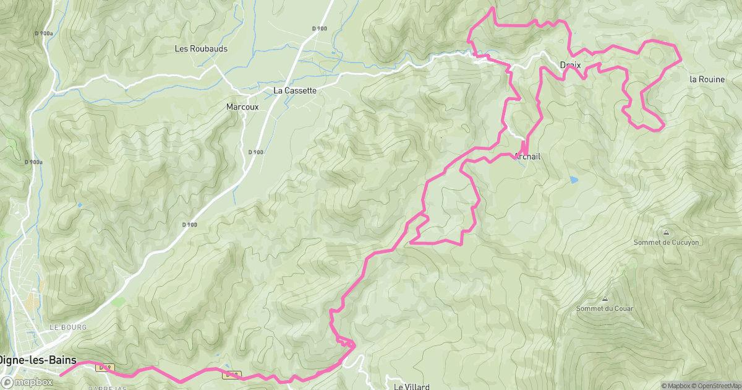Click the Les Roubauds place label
pyautogui.click(x=201, y=48)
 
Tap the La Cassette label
pyautogui.click(x=295, y=90)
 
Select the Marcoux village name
pyautogui.click(x=242, y=107)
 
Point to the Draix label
pyautogui.click(x=569, y=65)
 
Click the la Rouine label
pyautogui.click(x=707, y=79)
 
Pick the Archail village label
pyautogui.click(x=527, y=157)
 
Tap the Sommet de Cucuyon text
pyautogui.click(x=666, y=243)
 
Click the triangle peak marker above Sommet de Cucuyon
pyautogui.click(x=666, y=232)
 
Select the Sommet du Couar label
pyautogui.click(x=605, y=308)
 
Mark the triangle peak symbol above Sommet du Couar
pyautogui.click(x=605, y=298)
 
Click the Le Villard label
pyautogui.click(x=412, y=386)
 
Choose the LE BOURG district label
pyautogui.click(x=68, y=327)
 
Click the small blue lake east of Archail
pyautogui.click(x=574, y=180)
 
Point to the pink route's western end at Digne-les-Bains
pyautogui.click(x=61, y=374)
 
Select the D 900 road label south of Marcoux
pyautogui.click(x=256, y=152)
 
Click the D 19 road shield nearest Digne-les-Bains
pyautogui.click(x=104, y=368)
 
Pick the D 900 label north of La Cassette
pyautogui.click(x=319, y=28)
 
